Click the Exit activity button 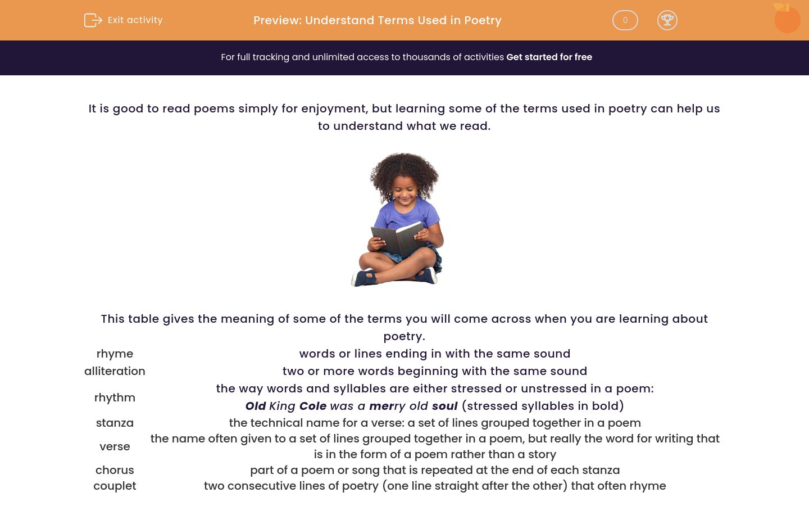pyautogui.click(x=123, y=20)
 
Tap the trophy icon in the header pyautogui.click(x=667, y=20)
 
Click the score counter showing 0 pyautogui.click(x=625, y=20)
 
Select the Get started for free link pyautogui.click(x=549, y=57)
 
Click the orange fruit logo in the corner pyautogui.click(x=787, y=19)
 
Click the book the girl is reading pyautogui.click(x=398, y=239)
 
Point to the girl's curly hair pyautogui.click(x=404, y=174)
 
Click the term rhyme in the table pyautogui.click(x=115, y=354)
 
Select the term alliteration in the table pyautogui.click(x=115, y=371)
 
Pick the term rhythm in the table pyautogui.click(x=115, y=397)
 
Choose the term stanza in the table pyautogui.click(x=115, y=423)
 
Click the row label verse pyautogui.click(x=115, y=447)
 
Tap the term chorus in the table pyautogui.click(x=115, y=470)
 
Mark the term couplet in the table pyautogui.click(x=115, y=486)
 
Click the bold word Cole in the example pyautogui.click(x=313, y=406)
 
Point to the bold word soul pyautogui.click(x=444, y=406)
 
